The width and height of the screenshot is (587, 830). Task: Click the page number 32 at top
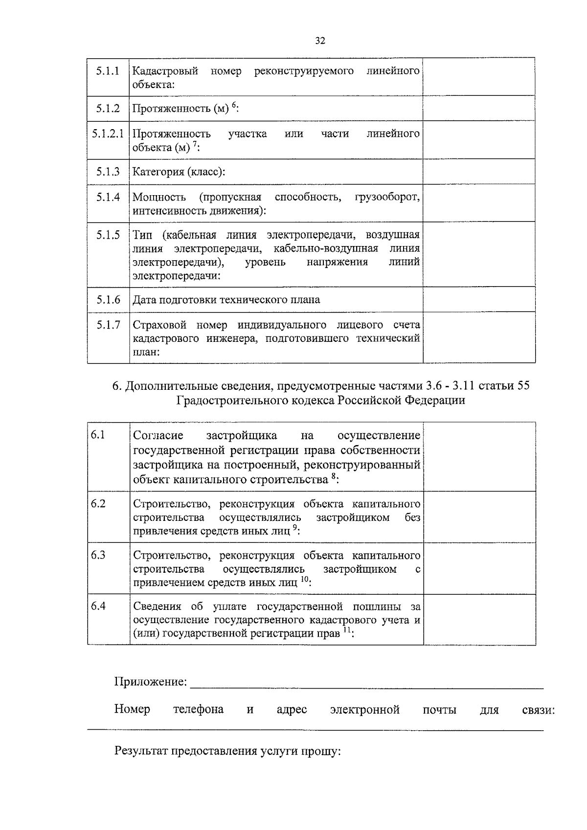pyautogui.click(x=320, y=41)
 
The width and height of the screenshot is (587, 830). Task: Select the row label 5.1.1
pyautogui.click(x=108, y=71)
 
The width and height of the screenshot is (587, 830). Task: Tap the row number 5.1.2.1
pyautogui.click(x=108, y=134)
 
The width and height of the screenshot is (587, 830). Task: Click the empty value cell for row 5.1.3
pyautogui.click(x=478, y=172)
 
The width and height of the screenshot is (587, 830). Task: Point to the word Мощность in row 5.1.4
pyautogui.click(x=159, y=198)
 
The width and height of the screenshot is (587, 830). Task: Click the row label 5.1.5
pyautogui.click(x=108, y=235)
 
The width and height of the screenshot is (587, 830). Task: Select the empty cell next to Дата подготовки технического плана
pyautogui.click(x=478, y=299)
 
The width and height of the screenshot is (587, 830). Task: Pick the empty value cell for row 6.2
pyautogui.click(x=479, y=517)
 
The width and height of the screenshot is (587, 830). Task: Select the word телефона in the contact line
pyautogui.click(x=198, y=710)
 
